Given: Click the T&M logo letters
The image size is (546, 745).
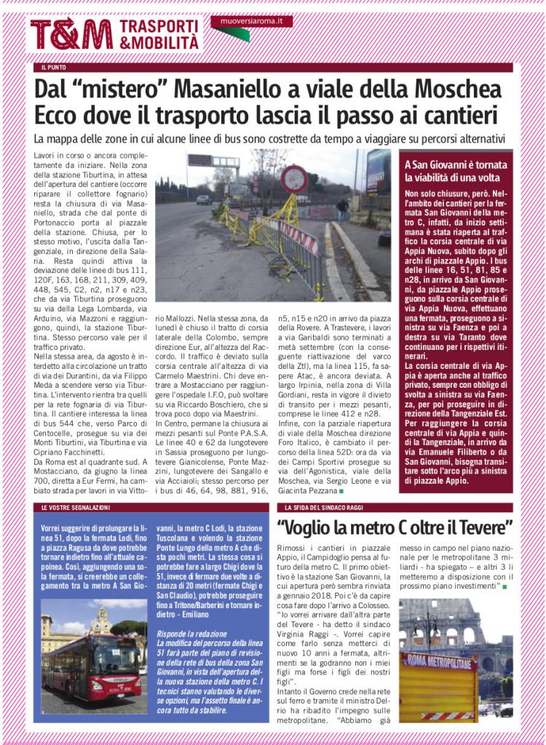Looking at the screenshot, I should [x=71, y=34].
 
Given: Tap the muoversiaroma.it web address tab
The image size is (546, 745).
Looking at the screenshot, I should [x=252, y=21].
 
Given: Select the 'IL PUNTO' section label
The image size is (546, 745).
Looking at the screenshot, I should [x=55, y=68].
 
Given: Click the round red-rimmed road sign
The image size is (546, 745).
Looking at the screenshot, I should [x=294, y=179].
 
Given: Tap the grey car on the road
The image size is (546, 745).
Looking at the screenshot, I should [x=203, y=199].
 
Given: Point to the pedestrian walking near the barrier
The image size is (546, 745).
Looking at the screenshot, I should [x=341, y=210].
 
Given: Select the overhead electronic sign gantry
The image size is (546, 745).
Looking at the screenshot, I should [x=213, y=162].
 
